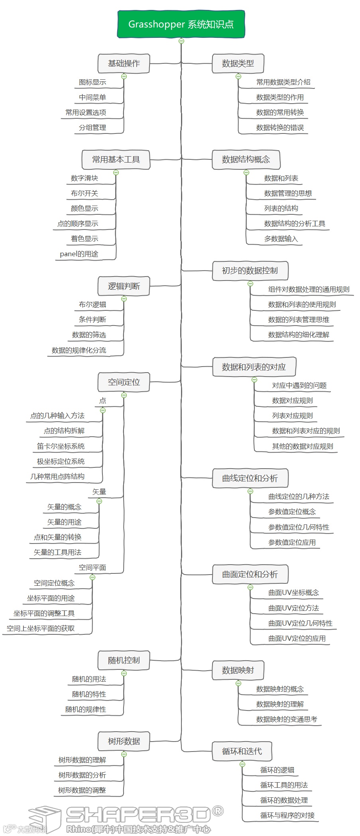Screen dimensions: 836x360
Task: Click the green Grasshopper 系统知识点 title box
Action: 181,24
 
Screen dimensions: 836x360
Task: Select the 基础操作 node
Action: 124,63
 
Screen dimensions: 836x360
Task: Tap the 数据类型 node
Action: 238,63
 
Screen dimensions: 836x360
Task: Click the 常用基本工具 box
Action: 116,159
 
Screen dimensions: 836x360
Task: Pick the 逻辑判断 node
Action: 124,286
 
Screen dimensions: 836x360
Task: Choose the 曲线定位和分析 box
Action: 250,478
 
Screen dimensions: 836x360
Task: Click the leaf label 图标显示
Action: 92,82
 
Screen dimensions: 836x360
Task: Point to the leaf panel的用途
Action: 79,254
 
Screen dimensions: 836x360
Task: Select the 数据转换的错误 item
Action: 280,128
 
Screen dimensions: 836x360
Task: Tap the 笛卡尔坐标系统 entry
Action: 61,446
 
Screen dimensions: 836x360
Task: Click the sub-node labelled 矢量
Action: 99,492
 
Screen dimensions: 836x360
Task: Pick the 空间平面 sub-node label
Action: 92,567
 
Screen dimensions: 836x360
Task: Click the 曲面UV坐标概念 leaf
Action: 293,593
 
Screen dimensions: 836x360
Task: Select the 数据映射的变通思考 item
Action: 286,719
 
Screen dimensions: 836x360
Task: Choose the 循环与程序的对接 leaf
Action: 287,815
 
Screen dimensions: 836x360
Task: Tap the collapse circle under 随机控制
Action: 124,673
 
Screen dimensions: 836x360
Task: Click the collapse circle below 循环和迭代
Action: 242,764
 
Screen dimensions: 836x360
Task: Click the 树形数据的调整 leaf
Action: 82,790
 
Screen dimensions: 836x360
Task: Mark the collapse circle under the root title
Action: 181,41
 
